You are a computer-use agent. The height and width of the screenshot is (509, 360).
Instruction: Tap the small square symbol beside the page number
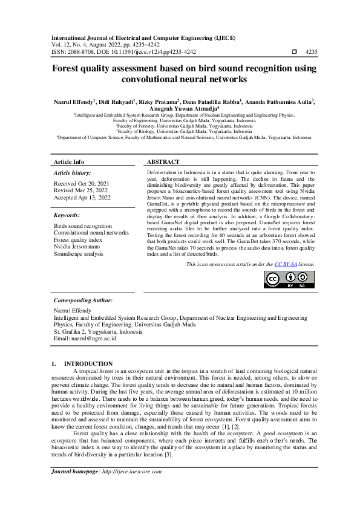pyautogui.click(x=295, y=52)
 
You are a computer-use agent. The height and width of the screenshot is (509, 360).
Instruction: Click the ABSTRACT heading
pyautogui.click(x=163, y=162)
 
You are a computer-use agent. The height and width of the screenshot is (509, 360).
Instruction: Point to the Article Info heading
pyautogui.click(x=69, y=162)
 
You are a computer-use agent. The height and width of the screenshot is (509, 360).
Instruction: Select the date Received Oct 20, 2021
pyautogui.click(x=82, y=183)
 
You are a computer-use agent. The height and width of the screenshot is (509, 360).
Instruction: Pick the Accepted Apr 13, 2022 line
pyautogui.click(x=82, y=198)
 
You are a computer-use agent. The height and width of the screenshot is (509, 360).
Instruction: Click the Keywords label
pyautogui.click(x=67, y=215)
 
